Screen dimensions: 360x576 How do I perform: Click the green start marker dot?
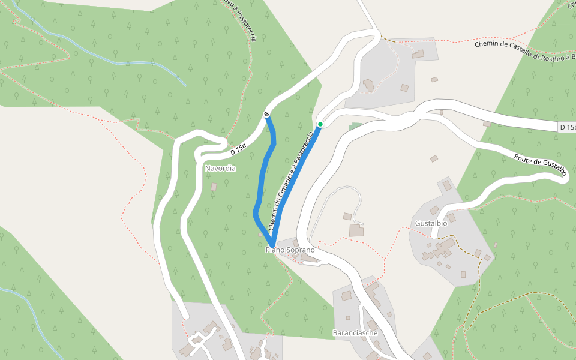[320, 124]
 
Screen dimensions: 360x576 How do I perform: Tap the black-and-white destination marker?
[266, 114]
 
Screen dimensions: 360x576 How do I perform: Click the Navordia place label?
[220, 169]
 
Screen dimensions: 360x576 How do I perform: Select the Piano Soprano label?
[290, 250]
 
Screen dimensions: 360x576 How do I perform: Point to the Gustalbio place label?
[431, 223]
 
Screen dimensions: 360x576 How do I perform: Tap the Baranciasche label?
[355, 332]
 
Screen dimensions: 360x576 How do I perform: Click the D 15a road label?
[238, 148]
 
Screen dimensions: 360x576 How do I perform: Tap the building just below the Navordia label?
[214, 187]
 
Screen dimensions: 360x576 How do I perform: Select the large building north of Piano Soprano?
[356, 230]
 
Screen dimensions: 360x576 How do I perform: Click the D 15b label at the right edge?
[566, 127]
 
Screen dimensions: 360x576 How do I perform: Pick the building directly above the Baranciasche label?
[346, 296]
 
